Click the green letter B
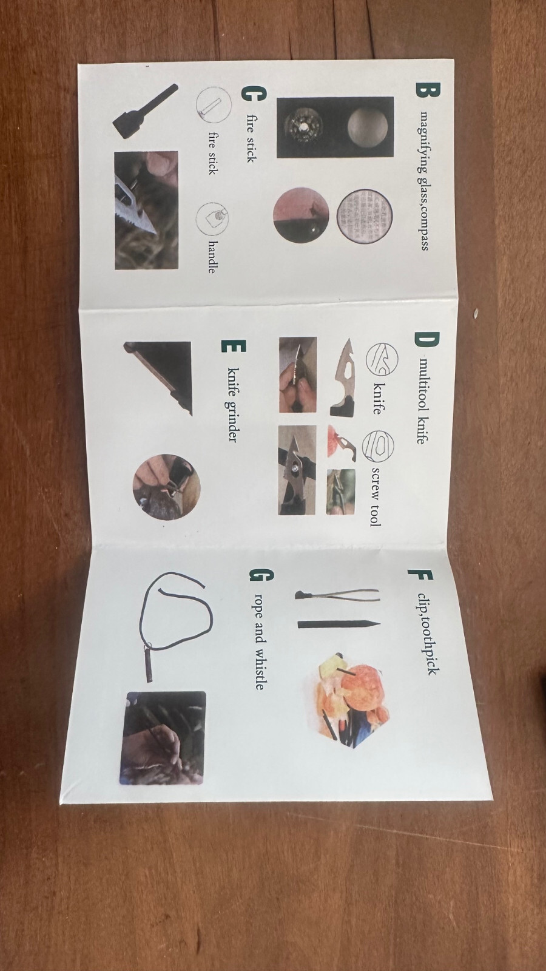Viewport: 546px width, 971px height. (x=428, y=90)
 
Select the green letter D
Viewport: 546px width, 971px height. (x=426, y=339)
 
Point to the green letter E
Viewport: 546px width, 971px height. (x=234, y=346)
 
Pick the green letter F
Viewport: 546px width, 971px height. (x=420, y=577)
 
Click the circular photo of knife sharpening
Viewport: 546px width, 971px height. (x=166, y=487)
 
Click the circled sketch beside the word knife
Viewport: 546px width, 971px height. (x=382, y=359)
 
